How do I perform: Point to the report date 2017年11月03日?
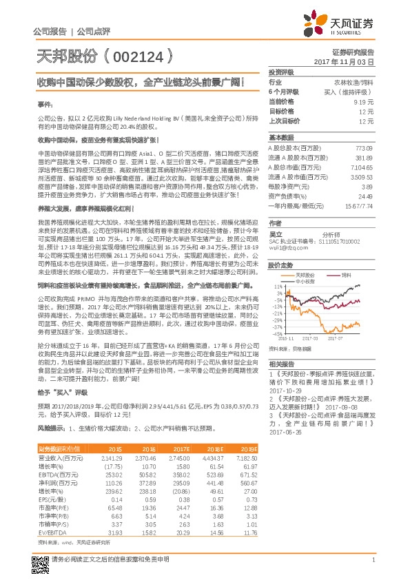point(352,61)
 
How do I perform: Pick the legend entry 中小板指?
point(306,280)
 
